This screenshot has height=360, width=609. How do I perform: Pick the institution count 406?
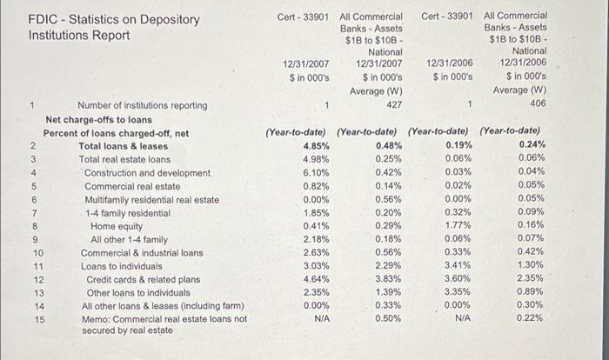[x=538, y=105]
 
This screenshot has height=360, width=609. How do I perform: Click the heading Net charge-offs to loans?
[x=98, y=119]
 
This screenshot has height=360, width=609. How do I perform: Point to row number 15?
[x=37, y=319]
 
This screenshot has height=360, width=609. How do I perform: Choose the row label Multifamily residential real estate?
[x=151, y=199]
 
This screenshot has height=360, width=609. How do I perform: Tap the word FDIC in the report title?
[x=43, y=20]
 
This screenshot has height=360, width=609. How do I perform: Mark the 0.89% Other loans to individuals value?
[x=532, y=292]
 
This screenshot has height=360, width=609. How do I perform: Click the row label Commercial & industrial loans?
[x=142, y=253]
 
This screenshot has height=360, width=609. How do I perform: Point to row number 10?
[x=37, y=253]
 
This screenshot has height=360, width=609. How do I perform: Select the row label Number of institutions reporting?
[x=143, y=106]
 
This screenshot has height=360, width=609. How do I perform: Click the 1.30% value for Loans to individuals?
[x=532, y=266]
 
